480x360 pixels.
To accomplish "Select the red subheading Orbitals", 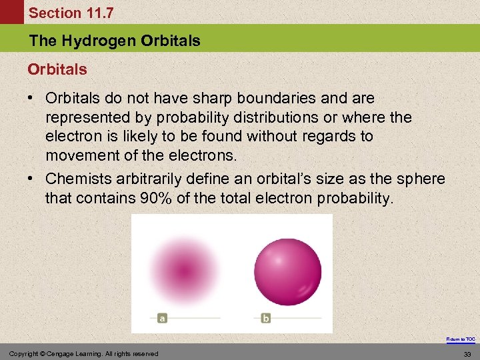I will pyautogui.click(x=57, y=69).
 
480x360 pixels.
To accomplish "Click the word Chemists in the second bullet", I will pyautogui.click(x=75, y=179).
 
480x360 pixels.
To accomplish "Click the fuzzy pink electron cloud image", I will pyautogui.click(x=183, y=269).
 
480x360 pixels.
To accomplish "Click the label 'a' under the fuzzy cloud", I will pyautogui.click(x=162, y=319).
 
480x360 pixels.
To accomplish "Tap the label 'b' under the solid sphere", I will pyautogui.click(x=265, y=319).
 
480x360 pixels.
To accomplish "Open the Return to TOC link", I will pyautogui.click(x=461, y=339).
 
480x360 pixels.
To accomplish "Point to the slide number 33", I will pyautogui.click(x=469, y=353).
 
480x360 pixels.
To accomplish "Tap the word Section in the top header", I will pyautogui.click(x=52, y=13).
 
